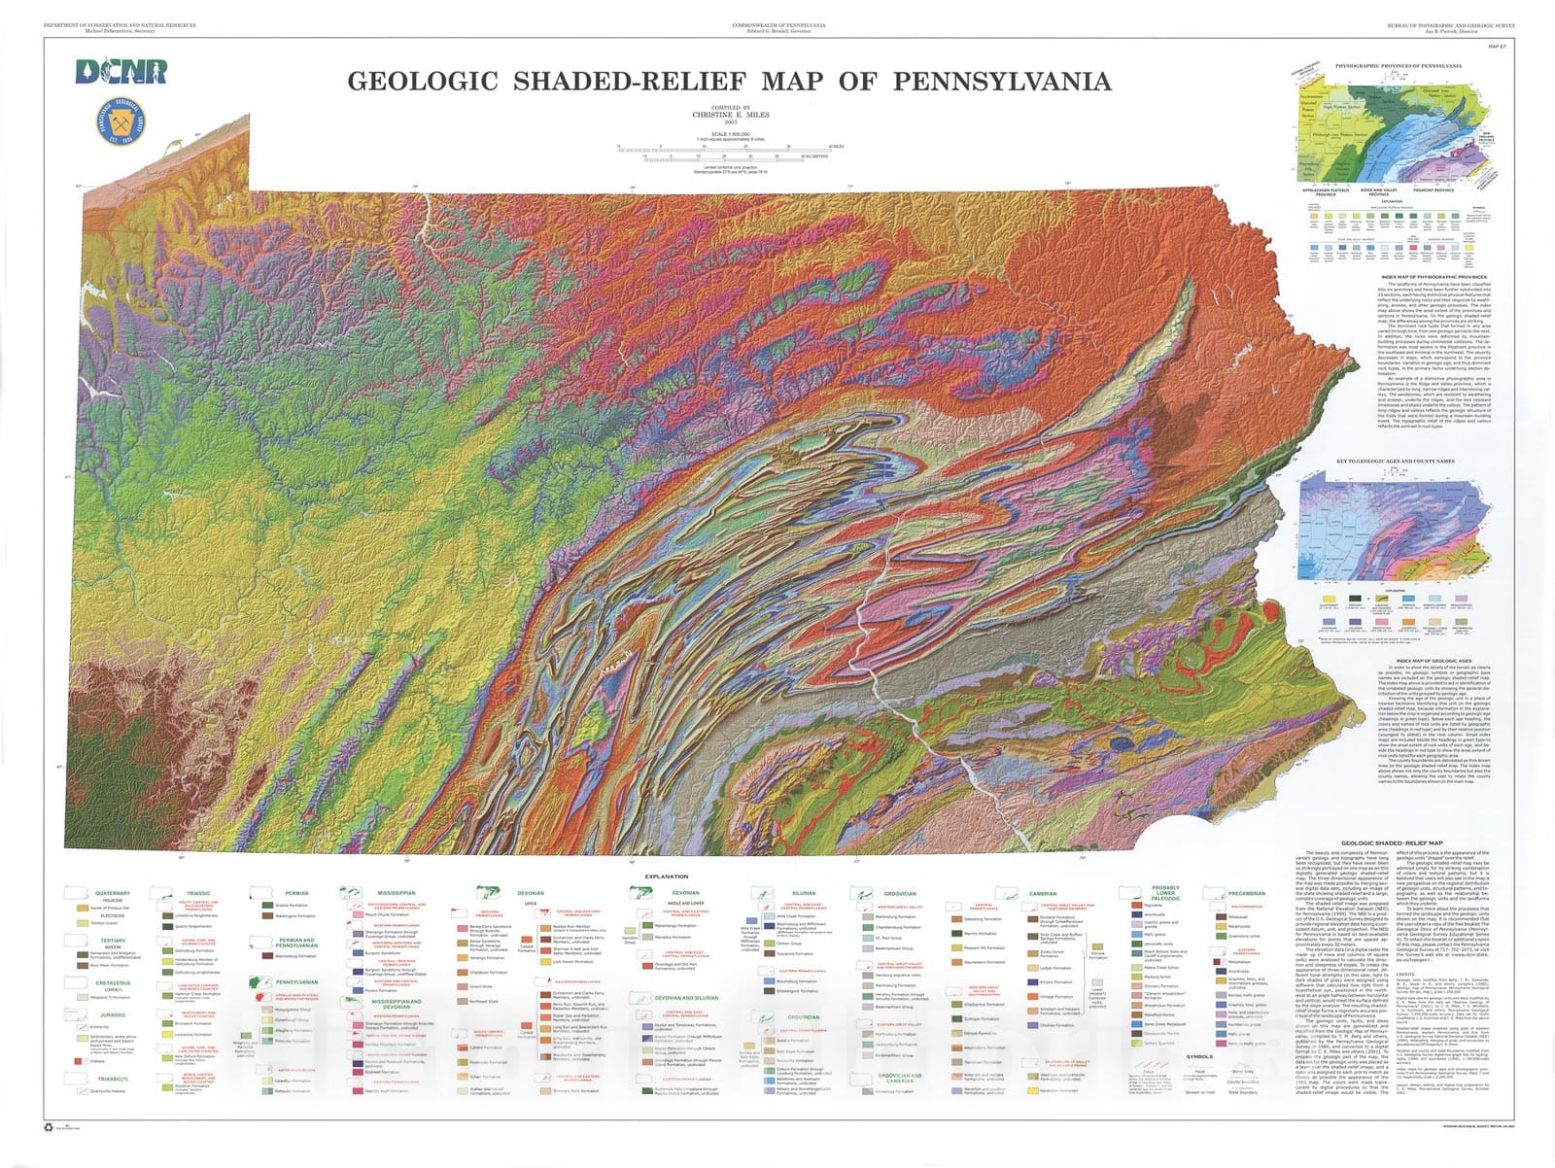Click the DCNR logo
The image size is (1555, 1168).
(121, 72)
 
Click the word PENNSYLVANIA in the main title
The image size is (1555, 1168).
(1002, 82)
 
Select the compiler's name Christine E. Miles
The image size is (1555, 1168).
(730, 115)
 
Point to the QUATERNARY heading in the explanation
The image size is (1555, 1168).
(113, 893)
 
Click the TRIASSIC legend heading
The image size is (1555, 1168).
(198, 893)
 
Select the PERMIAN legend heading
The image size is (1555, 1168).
(296, 893)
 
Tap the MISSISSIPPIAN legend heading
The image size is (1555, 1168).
(397, 893)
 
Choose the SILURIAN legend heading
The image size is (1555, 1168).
(804, 893)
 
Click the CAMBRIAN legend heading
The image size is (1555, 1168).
(1043, 893)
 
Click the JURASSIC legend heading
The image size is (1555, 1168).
(113, 1014)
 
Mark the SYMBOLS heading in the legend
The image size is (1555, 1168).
(1199, 1056)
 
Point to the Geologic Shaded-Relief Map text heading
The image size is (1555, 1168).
(1392, 843)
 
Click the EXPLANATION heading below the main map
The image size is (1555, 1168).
(667, 876)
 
